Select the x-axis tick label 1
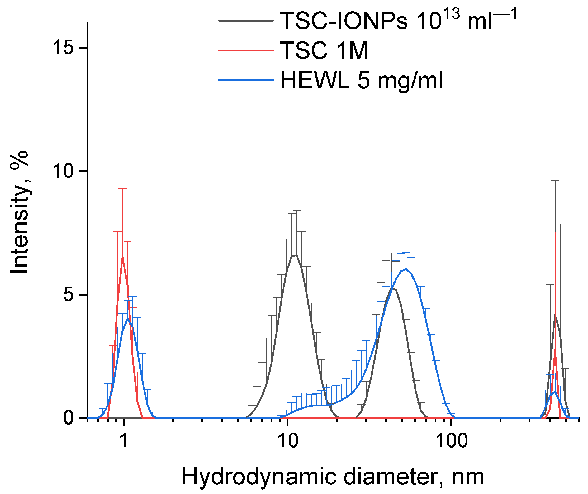[124, 441]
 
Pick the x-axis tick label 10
[288, 441]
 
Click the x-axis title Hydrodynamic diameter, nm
[333, 477]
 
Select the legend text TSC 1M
[324, 51]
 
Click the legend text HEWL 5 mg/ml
[361, 81]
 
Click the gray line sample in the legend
[246, 20]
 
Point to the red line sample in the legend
[246, 50]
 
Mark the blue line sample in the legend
[246, 80]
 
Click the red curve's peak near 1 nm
[122, 257]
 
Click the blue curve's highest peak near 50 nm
[406, 269]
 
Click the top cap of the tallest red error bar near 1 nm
[122, 189]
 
